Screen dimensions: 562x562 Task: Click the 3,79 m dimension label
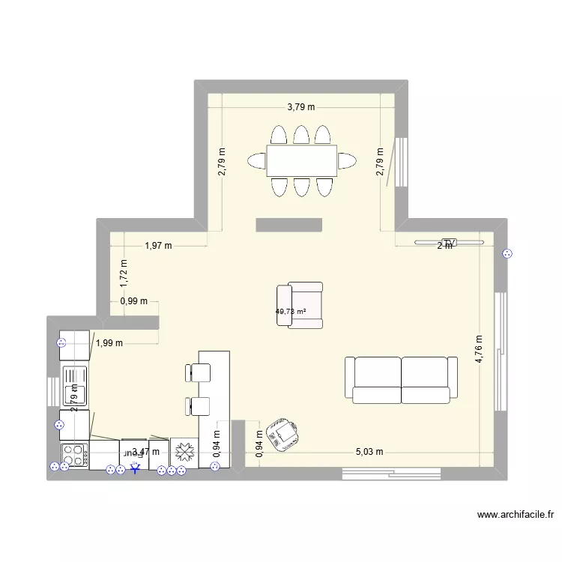301,107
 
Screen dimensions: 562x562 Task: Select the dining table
301,160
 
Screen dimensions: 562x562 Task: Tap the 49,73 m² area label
291,312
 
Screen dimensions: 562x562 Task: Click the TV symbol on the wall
449,242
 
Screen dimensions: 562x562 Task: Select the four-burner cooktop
74,455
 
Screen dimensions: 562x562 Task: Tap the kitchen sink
74,384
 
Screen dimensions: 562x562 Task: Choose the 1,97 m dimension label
158,245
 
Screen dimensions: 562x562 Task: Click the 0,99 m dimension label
133,302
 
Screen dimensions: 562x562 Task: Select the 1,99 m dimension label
109,344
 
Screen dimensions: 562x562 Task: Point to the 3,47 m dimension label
145,452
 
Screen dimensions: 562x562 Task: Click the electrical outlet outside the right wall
508,254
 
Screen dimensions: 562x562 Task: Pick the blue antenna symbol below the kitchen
135,469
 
